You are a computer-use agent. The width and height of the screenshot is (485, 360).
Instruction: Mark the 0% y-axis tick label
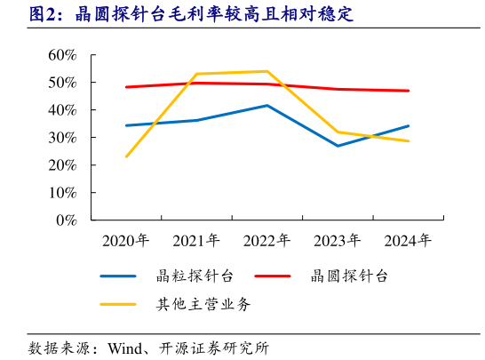67,220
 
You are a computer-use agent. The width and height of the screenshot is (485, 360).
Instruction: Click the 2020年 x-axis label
126,241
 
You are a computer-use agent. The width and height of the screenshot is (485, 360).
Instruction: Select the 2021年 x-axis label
196,241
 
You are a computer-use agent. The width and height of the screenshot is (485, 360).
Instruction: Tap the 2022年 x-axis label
266,241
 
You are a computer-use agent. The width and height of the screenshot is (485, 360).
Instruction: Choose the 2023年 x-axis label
338,241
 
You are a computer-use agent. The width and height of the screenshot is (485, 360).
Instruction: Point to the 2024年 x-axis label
408,241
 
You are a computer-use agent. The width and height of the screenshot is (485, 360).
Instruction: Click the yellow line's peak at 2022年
266,71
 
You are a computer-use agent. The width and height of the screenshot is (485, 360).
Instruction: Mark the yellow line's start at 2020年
126,156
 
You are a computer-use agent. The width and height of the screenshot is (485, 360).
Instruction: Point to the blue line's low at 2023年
338,146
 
